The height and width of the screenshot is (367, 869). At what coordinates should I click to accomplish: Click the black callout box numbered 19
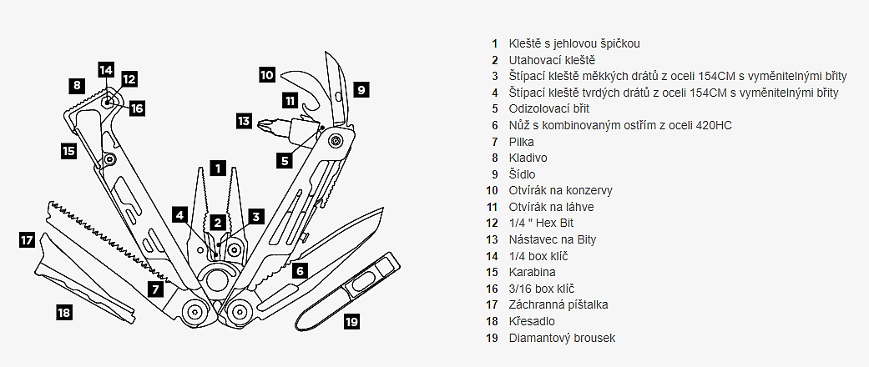click(x=351, y=320)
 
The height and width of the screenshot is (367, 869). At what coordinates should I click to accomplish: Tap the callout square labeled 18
click(x=64, y=313)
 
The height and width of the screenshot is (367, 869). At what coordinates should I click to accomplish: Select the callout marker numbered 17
click(x=27, y=240)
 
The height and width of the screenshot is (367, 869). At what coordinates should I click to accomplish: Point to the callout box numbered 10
click(x=266, y=74)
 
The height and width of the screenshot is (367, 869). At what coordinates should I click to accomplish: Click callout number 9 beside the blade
click(x=360, y=89)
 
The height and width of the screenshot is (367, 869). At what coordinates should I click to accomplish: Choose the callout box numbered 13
click(x=243, y=121)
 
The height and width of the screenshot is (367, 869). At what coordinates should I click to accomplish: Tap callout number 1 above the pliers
click(x=217, y=167)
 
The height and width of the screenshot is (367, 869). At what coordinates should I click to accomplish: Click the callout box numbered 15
click(x=68, y=151)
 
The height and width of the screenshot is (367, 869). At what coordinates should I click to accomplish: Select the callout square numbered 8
click(x=77, y=84)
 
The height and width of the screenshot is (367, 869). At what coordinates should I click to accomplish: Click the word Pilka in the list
click(x=521, y=141)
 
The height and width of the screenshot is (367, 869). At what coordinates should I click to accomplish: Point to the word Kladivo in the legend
click(x=528, y=158)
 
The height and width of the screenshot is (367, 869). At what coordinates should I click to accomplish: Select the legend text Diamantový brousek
click(x=562, y=338)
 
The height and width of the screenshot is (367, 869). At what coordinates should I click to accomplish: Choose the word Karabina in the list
click(x=532, y=272)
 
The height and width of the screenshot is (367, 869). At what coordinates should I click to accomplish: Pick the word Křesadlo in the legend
click(x=532, y=321)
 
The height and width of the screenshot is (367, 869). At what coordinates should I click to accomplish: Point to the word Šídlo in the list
click(x=522, y=174)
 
